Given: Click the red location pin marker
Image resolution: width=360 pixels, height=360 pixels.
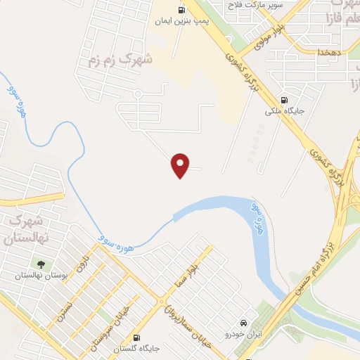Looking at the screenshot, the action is (181, 165).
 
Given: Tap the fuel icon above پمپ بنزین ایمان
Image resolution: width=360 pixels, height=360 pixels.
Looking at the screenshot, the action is (181, 10).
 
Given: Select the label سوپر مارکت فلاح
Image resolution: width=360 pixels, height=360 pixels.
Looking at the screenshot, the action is (254, 6).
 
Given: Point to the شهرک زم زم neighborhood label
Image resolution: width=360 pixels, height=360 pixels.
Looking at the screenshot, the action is (120, 60).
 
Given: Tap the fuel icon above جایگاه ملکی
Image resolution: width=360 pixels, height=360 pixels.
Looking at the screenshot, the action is (283, 100).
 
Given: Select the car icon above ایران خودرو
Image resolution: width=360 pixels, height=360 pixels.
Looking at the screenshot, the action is (244, 317).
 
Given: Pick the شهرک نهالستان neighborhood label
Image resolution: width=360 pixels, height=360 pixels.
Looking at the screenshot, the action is (27, 229).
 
